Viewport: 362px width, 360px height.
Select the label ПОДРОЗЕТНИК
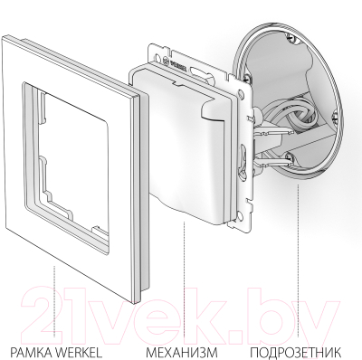click(297, 352)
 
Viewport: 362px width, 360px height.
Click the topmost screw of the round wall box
click(291, 37)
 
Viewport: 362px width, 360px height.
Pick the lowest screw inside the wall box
click(290, 156)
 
